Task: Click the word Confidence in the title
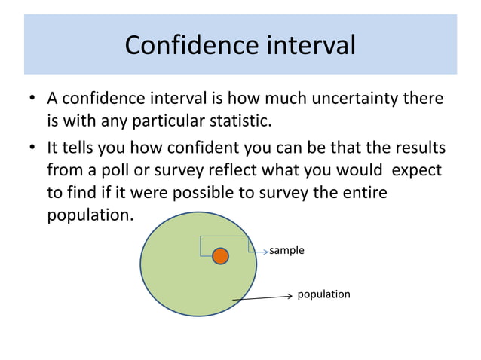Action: click(185, 45)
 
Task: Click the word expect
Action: click(415, 169)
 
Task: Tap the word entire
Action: click(362, 192)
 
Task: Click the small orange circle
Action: click(220, 256)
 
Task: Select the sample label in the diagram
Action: click(287, 250)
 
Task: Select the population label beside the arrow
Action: click(323, 294)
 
